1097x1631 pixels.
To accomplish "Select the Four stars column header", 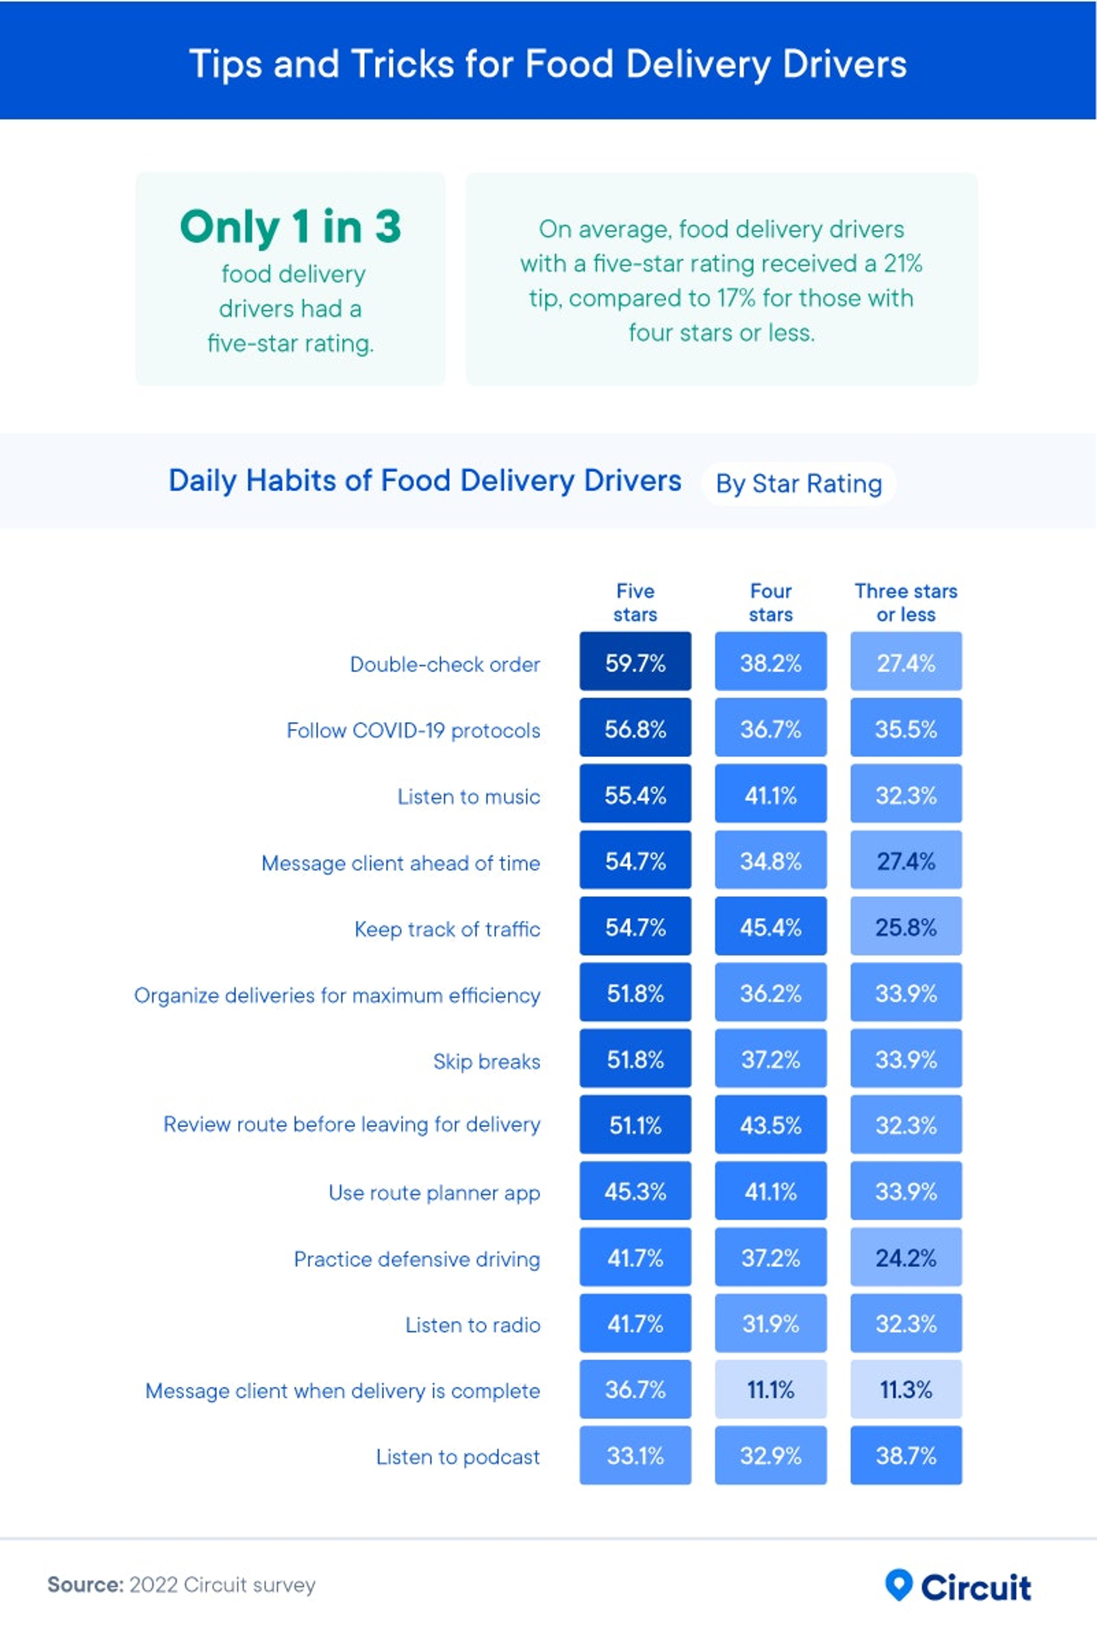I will tap(770, 603).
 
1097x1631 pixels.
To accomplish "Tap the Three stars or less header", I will tap(906, 603).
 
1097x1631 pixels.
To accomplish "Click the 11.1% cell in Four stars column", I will tap(770, 1389).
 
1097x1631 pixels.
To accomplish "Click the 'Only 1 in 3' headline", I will tap(290, 227).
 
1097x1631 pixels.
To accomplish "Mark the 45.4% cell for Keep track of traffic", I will tap(770, 927).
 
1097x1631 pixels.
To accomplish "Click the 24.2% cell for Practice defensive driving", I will tap(906, 1258).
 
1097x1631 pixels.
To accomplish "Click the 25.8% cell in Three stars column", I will tap(906, 927).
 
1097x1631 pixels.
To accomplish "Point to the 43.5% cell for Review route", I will tap(770, 1125).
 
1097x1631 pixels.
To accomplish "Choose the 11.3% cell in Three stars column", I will tap(906, 1389).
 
